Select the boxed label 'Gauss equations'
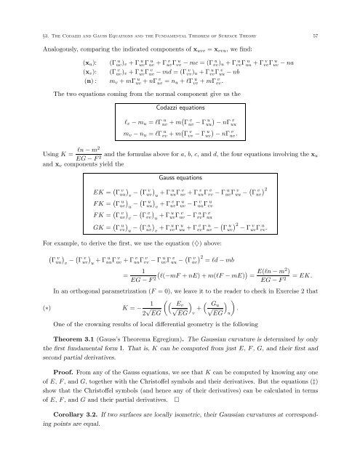click(180, 177)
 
